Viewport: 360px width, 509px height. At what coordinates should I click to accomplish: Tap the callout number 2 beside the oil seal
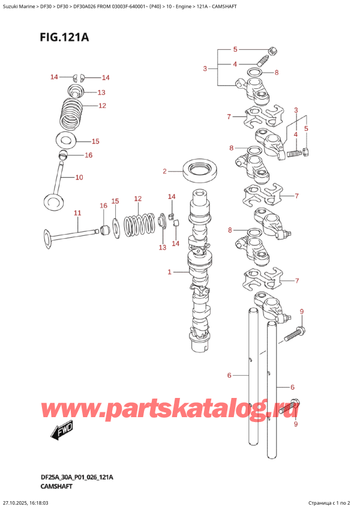(x=164, y=172)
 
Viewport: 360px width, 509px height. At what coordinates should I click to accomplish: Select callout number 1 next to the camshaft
(x=170, y=272)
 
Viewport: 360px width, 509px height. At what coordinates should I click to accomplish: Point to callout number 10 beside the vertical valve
(x=79, y=177)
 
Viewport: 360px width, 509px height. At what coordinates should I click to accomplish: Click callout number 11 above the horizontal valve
(x=77, y=213)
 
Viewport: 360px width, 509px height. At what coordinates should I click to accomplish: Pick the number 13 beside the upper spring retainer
(x=101, y=92)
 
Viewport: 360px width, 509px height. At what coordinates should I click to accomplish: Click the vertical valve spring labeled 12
(x=74, y=113)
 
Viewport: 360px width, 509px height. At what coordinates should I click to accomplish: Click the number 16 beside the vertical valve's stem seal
(x=89, y=155)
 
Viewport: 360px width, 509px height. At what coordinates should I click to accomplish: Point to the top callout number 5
(x=235, y=49)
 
